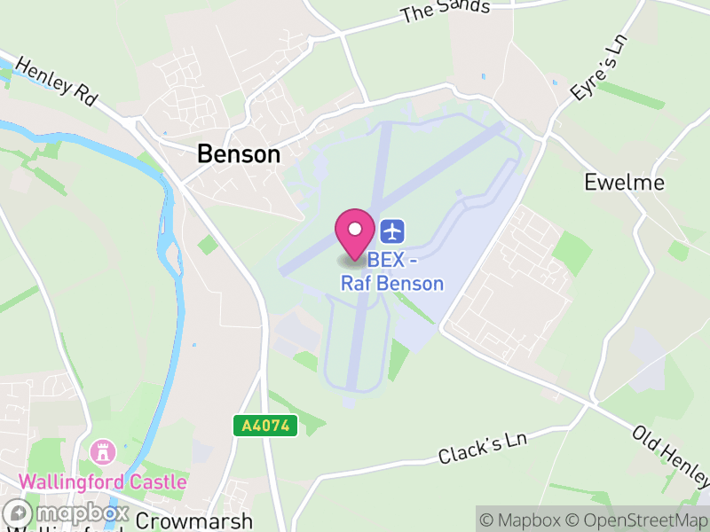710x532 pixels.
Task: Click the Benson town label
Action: [238, 154]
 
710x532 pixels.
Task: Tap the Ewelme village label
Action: [624, 183]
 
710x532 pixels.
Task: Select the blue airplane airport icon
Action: [392, 231]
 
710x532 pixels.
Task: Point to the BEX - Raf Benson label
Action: [392, 273]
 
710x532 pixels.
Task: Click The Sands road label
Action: [445, 12]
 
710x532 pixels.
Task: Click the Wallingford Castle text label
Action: [103, 482]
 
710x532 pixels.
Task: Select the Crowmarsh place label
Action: [195, 520]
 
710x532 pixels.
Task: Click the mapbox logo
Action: [67, 513]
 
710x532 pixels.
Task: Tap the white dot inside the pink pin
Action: [355, 229]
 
